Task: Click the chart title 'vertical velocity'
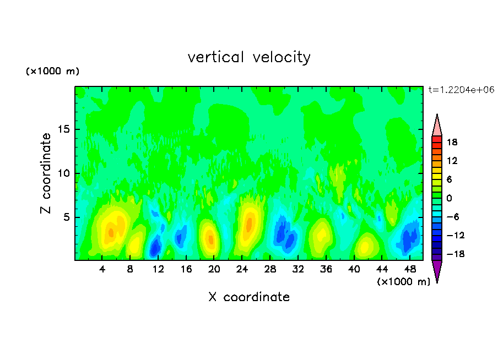click(249, 57)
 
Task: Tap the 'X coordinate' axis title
click(249, 297)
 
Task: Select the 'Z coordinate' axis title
click(46, 173)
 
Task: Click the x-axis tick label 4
click(102, 269)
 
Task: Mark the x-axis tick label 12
click(159, 269)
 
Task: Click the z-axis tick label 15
click(64, 130)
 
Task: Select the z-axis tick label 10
click(64, 173)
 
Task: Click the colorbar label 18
click(452, 142)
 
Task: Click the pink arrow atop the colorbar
click(437, 125)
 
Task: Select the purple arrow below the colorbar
click(437, 271)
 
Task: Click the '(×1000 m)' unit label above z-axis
click(52, 72)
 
